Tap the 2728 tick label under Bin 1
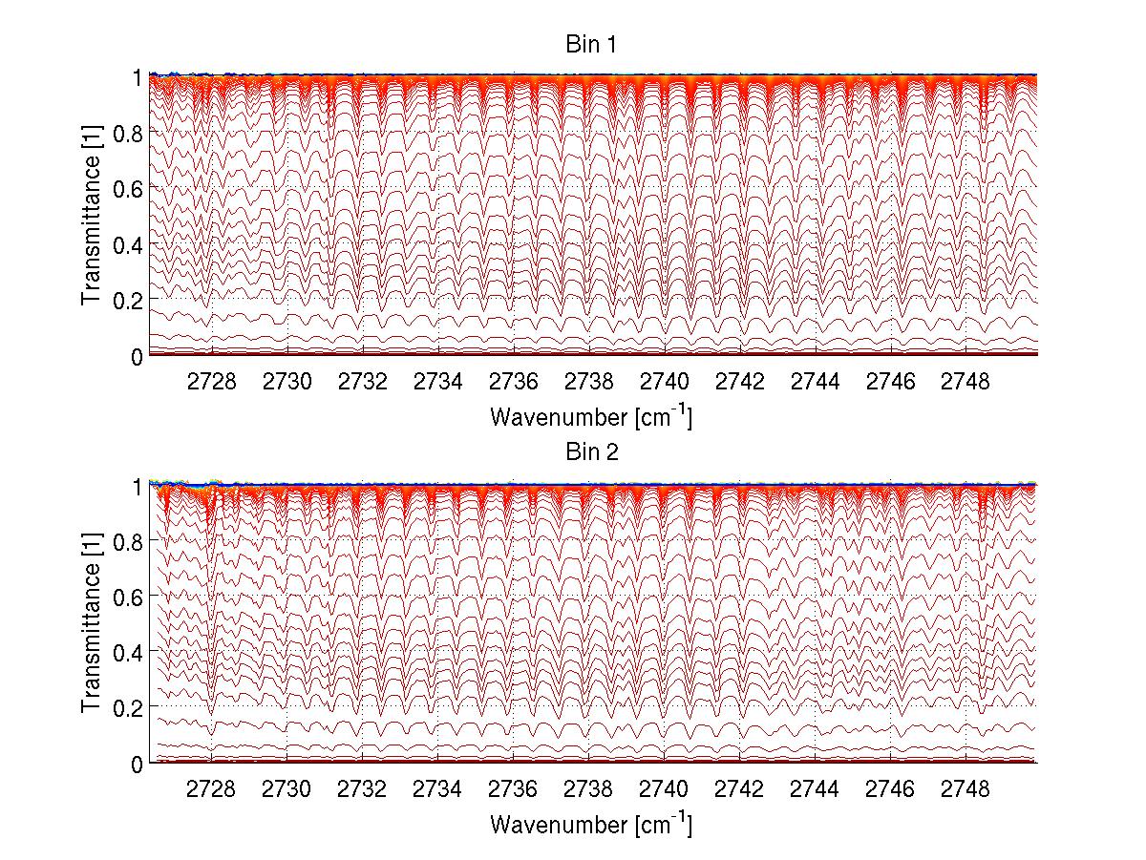(211, 383)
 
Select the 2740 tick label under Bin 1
(664, 383)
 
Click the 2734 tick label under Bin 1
(437, 383)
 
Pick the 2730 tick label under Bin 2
(286, 790)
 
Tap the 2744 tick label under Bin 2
(815, 790)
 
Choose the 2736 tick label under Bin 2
(513, 790)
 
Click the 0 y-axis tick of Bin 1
(137, 356)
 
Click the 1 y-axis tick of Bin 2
(137, 486)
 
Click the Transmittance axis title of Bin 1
(92, 216)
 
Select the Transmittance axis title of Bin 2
(92, 623)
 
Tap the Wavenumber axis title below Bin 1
(591, 417)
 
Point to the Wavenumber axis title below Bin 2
(591, 824)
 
